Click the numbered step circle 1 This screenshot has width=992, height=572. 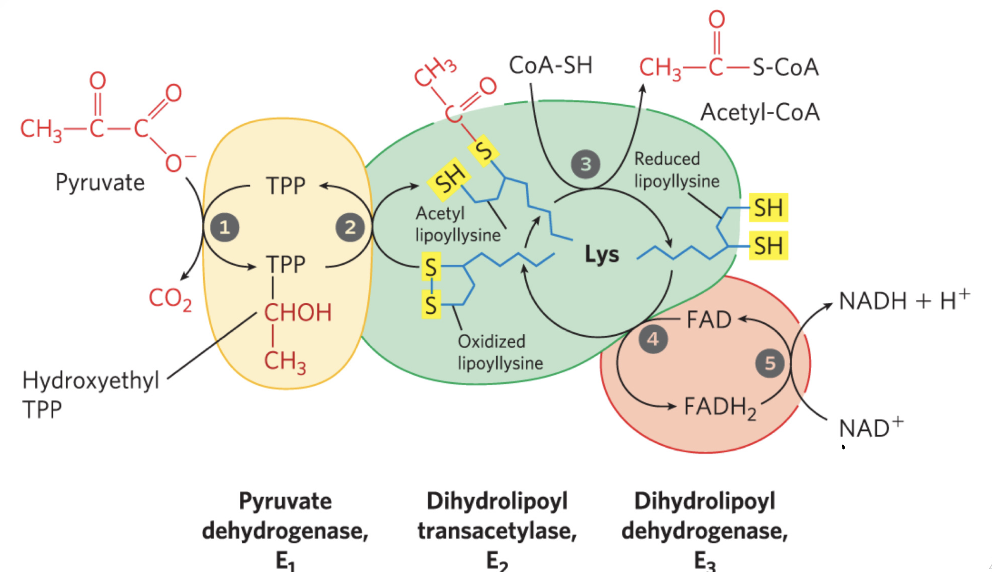coord(225,227)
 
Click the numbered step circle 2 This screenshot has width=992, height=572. coord(350,227)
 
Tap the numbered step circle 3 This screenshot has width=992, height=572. coord(585,164)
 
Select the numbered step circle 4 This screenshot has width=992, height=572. coord(653,339)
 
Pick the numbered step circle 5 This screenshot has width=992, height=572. coord(770,363)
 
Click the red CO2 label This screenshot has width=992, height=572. coord(170,299)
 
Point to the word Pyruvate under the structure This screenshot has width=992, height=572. coord(100,183)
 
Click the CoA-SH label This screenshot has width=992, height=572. coord(550,65)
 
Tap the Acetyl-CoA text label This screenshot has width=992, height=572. coord(760,112)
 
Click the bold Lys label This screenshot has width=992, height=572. coord(602,254)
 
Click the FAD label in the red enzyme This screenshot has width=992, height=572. coord(709,319)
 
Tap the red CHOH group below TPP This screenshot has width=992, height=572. coord(298,313)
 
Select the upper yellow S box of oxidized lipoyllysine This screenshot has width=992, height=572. coord(431,267)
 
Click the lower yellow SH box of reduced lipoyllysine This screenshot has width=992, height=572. coord(768,246)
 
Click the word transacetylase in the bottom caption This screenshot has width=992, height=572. coord(497,531)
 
